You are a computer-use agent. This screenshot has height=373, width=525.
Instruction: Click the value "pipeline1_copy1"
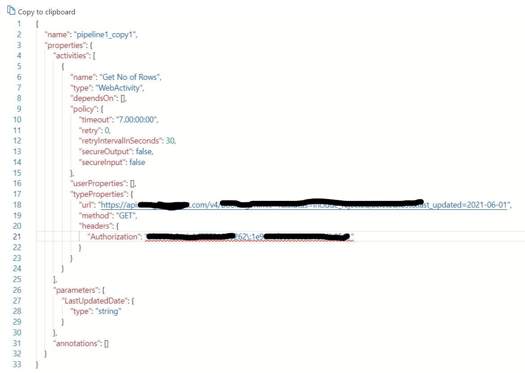[105, 35]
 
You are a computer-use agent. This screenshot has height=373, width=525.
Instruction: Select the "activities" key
[71, 56]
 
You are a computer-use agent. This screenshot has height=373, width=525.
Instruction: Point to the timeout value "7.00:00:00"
[138, 120]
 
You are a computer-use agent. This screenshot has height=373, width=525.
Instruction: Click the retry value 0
[107, 130]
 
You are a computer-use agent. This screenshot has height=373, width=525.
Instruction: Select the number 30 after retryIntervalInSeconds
[170, 141]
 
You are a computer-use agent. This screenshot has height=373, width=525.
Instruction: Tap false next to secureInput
[137, 162]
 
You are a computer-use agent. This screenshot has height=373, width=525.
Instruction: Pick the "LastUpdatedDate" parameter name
[95, 301]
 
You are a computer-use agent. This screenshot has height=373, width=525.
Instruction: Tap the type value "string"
[108, 311]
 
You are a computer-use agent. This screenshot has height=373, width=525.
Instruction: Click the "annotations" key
[75, 343]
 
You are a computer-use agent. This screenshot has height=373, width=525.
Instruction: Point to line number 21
[17, 237]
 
